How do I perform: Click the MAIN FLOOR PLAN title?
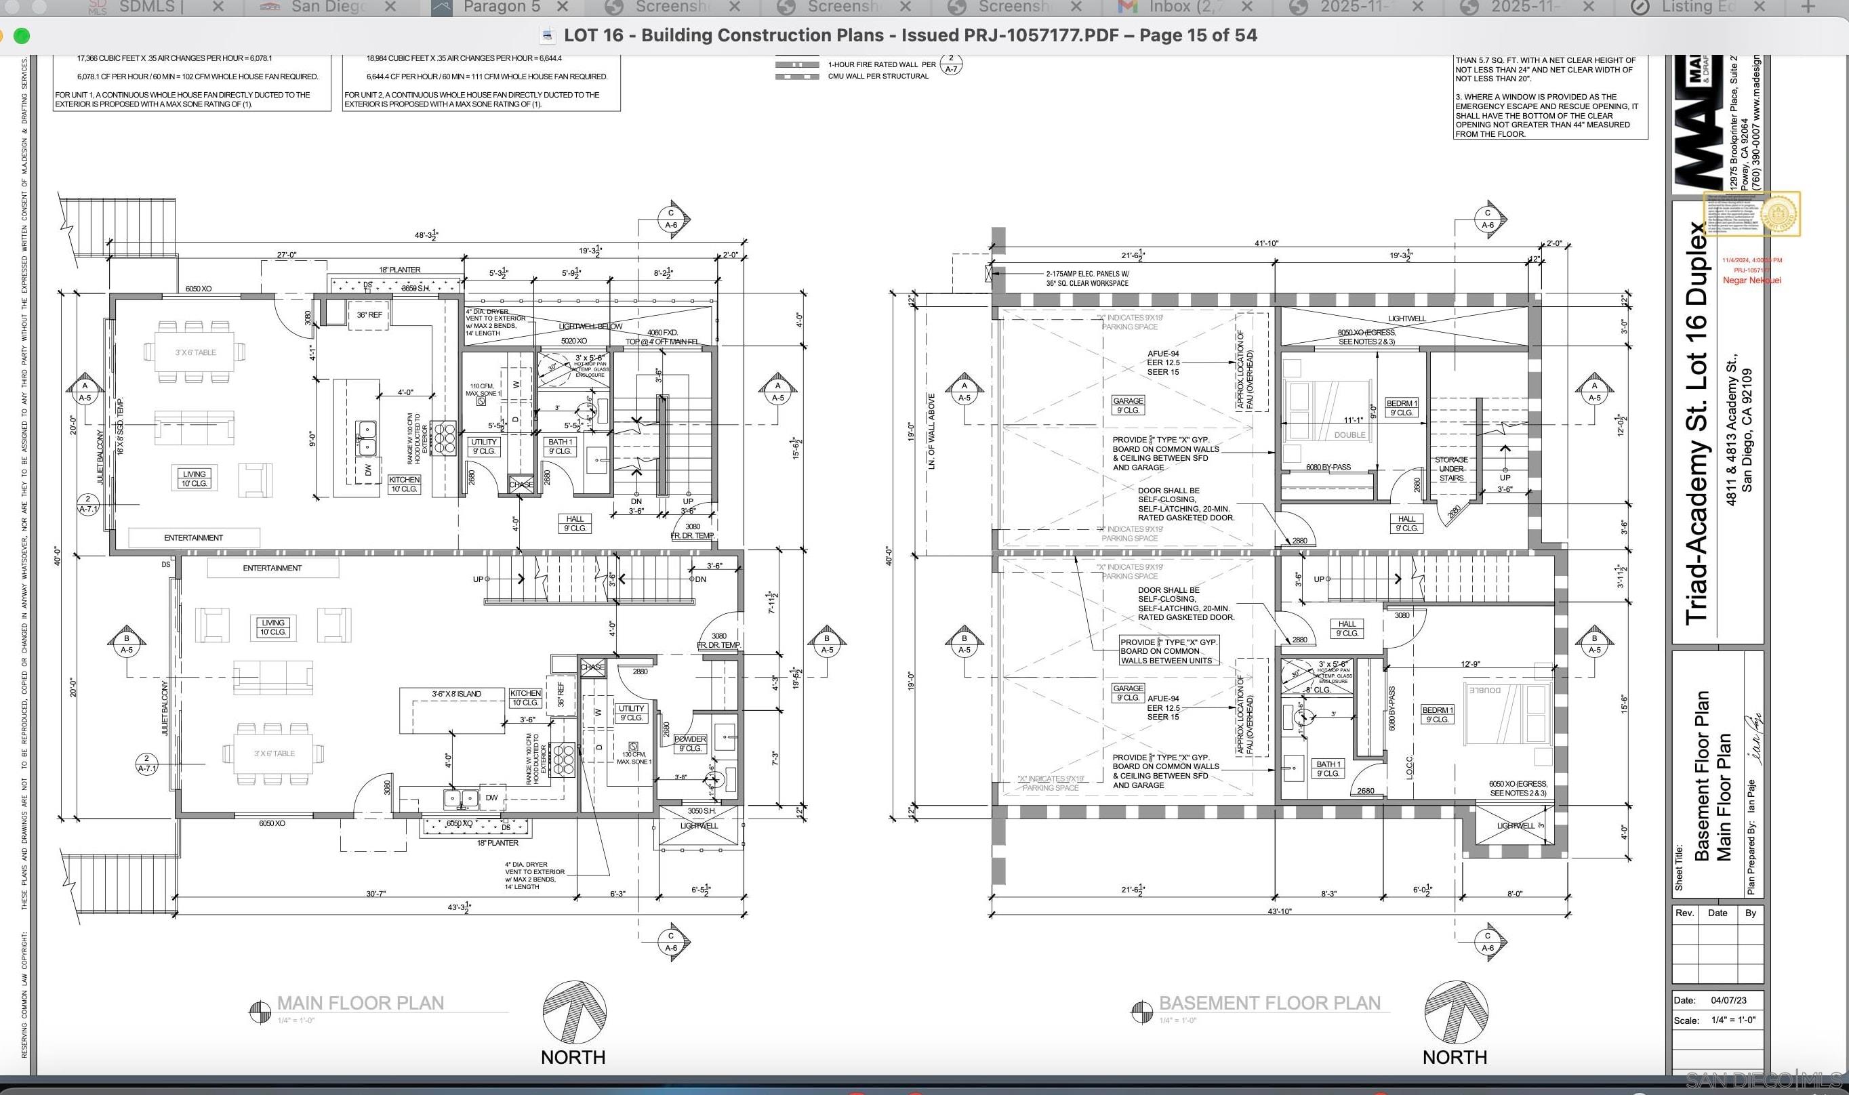tap(360, 1004)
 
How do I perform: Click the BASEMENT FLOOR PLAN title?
tap(1269, 1004)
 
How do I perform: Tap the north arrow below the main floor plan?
tap(574, 1012)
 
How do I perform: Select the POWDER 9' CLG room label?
tap(690, 743)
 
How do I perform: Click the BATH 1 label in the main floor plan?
tap(560, 447)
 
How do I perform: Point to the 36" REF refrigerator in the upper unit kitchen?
tap(369, 315)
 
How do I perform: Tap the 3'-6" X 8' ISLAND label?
tap(456, 694)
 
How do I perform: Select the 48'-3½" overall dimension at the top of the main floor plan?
tap(426, 235)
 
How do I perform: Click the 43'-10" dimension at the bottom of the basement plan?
tap(1280, 911)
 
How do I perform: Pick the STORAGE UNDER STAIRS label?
tap(1450, 468)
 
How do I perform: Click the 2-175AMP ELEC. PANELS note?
tap(1086, 278)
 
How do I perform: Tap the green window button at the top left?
tap(22, 35)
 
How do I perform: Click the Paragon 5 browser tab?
tap(501, 7)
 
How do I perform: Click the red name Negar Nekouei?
tap(1751, 281)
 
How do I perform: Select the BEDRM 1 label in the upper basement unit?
tap(1401, 407)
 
